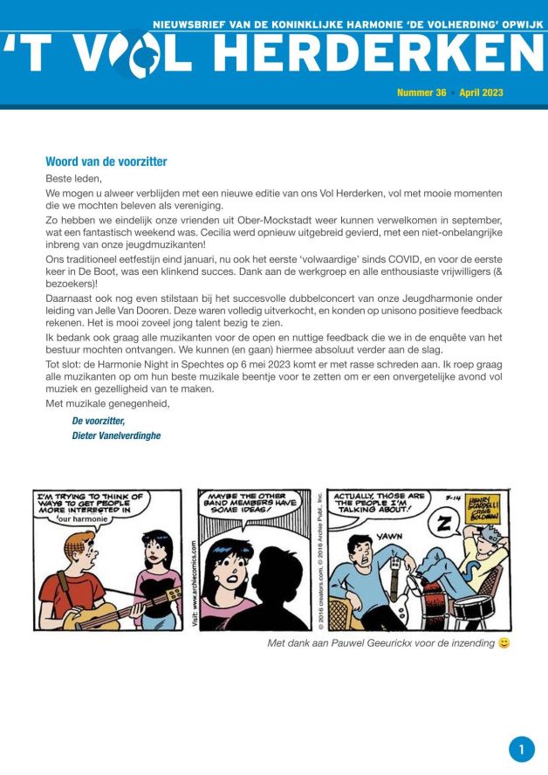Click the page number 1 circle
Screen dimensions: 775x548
521,749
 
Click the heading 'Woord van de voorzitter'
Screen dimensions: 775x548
106,161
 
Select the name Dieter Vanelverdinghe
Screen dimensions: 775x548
116,436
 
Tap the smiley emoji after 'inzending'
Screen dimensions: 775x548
503,643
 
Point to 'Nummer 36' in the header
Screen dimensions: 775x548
421,93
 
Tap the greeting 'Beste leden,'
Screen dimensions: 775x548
73,178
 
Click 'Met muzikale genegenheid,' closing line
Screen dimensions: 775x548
107,403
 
